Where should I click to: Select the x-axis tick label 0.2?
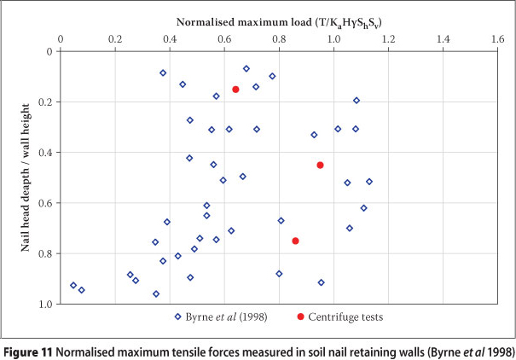[115, 39]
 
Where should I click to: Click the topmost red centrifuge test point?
[235, 90]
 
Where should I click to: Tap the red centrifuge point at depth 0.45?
[320, 165]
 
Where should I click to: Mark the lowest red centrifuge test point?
[295, 241]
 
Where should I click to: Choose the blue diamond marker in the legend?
[177, 316]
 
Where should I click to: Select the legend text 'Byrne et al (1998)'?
[227, 316]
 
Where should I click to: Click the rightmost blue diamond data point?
[369, 181]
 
